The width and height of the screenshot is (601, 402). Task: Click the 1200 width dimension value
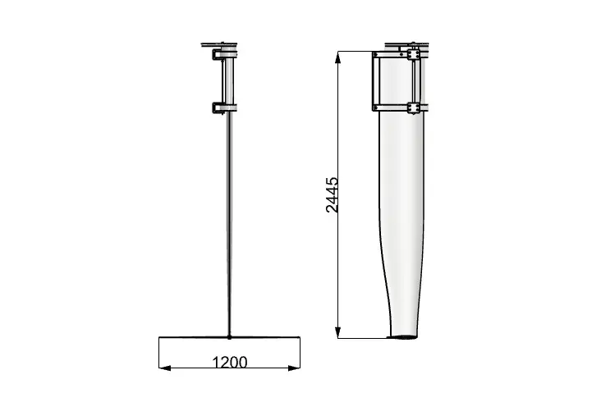coord(230,362)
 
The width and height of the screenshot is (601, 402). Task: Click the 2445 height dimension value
coord(332,194)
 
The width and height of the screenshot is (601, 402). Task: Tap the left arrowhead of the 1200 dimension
coord(165,368)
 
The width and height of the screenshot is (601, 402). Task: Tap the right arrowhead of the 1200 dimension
coord(294,368)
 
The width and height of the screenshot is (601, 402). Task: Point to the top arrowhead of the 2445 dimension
coord(337,57)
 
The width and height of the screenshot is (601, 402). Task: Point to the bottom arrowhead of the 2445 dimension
coord(337,332)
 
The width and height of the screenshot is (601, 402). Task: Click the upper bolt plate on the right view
coord(413,55)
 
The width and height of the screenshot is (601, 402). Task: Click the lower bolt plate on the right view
coord(413,108)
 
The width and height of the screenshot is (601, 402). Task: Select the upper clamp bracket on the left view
coord(219,55)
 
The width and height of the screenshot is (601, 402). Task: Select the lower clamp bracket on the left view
coord(219,108)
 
